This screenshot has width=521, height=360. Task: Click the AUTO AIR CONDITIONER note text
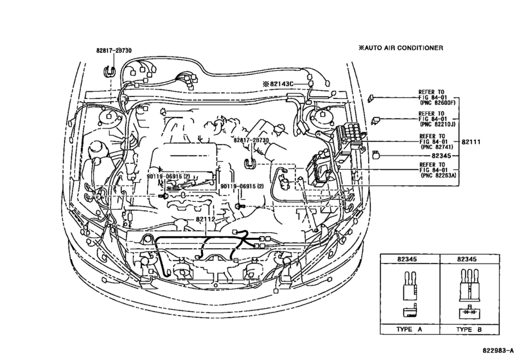[x=401, y=48]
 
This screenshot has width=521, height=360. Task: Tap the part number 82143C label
[x=281, y=84]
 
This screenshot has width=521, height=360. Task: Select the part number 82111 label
[x=471, y=142]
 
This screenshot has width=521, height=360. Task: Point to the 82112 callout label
[x=206, y=219]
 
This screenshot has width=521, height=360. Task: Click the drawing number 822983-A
[x=499, y=351]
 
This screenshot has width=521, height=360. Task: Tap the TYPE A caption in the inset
[x=409, y=329]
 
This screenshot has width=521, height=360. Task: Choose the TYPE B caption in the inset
[x=469, y=329]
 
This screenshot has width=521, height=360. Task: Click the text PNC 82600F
[x=437, y=103]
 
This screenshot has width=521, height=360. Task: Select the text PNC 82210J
[x=437, y=124]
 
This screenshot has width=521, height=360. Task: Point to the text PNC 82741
[x=437, y=147]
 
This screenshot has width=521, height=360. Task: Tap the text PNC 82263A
[x=438, y=175]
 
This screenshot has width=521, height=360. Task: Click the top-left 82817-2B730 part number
[x=114, y=51]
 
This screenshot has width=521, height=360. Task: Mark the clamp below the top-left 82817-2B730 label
[x=110, y=71]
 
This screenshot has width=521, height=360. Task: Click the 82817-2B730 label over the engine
[x=251, y=140]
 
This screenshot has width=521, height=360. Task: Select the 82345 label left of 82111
[x=441, y=156]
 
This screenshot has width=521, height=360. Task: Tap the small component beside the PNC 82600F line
[x=371, y=98]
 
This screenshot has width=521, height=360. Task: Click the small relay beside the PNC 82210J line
[x=376, y=120]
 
